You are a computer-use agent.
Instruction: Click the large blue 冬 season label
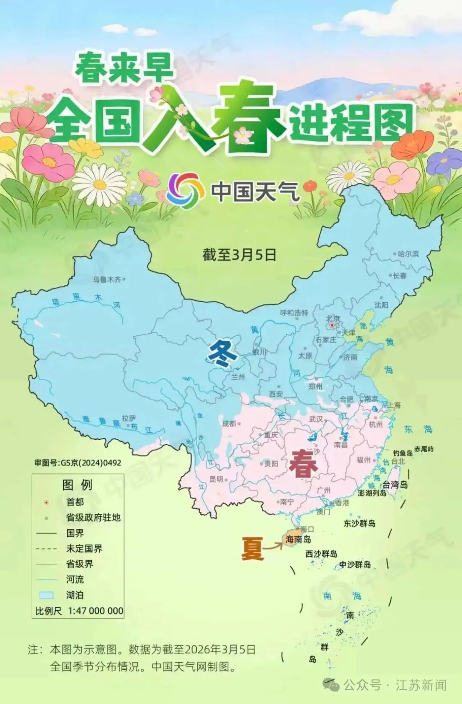pos(222,354)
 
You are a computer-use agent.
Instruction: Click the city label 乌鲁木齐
pos(107,280)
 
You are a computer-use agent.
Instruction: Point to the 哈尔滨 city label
pos(408,254)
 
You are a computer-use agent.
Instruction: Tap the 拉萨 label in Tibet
pos(128,418)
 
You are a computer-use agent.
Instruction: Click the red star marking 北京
pos(332,325)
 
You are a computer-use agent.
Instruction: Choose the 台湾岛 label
pos(395,485)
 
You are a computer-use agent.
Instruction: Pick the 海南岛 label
pos(298,540)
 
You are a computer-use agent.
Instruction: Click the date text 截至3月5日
pos(239,255)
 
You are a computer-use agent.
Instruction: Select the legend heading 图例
pos(77,485)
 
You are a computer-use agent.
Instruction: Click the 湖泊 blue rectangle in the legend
pos(46,595)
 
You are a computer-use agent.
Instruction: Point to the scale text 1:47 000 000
pos(95,611)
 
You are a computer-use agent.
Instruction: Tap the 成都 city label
pos(229,424)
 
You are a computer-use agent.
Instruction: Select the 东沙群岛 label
pos(359,523)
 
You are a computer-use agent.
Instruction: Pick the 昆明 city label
pos(216,479)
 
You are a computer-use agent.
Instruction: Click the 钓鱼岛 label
pos(403,453)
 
